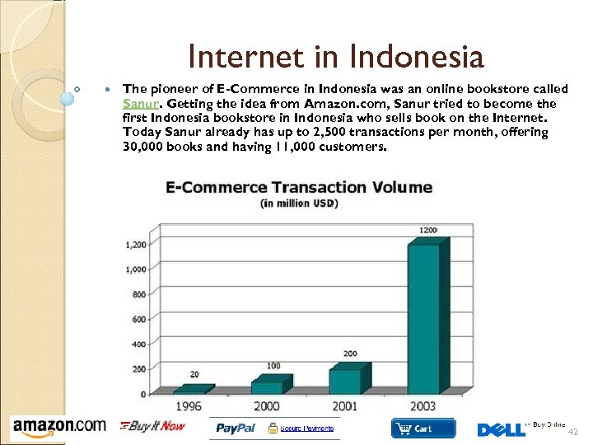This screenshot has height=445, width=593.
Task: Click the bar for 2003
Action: tap(424, 317)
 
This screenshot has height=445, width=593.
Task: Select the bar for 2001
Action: tap(346, 381)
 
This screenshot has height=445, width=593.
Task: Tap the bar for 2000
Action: tap(268, 386)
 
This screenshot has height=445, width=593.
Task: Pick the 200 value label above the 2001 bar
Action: tap(350, 354)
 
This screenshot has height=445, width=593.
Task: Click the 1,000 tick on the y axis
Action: tap(135, 269)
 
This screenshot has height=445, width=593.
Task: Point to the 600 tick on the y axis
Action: tap(138, 320)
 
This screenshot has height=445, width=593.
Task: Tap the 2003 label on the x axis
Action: tap(423, 406)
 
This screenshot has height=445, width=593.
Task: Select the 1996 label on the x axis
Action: tap(189, 406)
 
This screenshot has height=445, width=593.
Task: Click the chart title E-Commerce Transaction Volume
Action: tap(299, 188)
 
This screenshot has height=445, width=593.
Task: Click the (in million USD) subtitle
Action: tap(299, 203)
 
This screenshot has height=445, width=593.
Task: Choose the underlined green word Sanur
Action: tap(137, 104)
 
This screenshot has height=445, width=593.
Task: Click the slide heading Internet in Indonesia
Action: tap(335, 57)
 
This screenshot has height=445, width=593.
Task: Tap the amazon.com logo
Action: tap(58, 427)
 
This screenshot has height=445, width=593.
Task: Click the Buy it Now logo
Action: tap(153, 426)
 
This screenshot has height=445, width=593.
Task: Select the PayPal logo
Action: tap(236, 429)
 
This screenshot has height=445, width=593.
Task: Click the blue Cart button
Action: tap(423, 429)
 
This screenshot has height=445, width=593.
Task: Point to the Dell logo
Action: tap(501, 429)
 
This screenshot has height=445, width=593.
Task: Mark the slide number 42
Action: tap(574, 432)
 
